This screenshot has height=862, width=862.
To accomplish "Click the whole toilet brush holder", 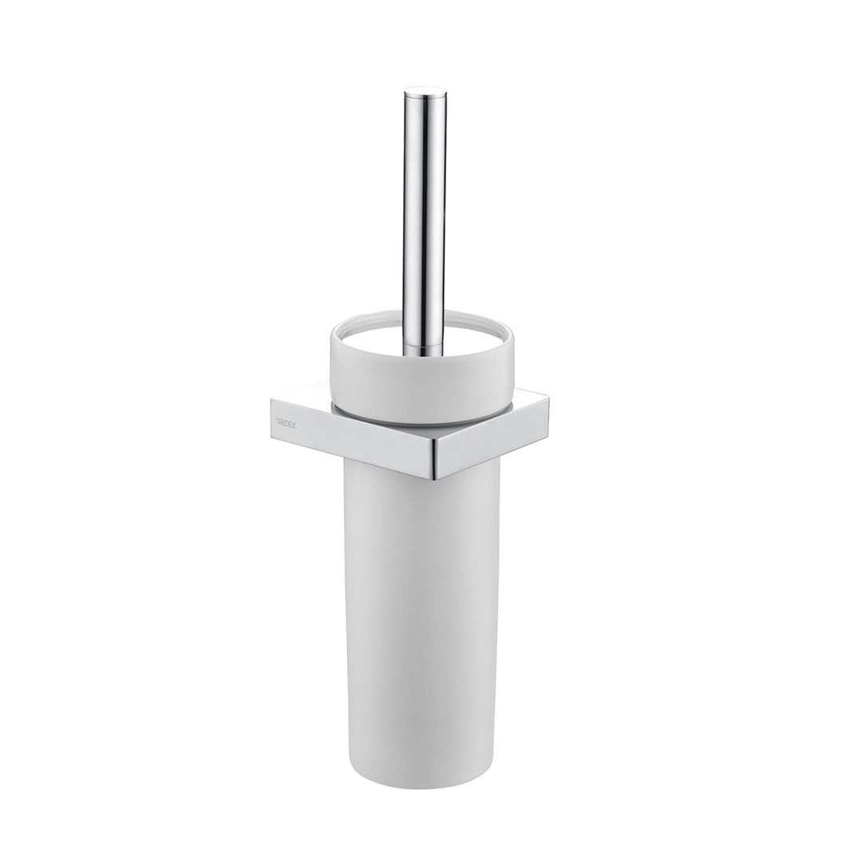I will (x=423, y=479).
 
